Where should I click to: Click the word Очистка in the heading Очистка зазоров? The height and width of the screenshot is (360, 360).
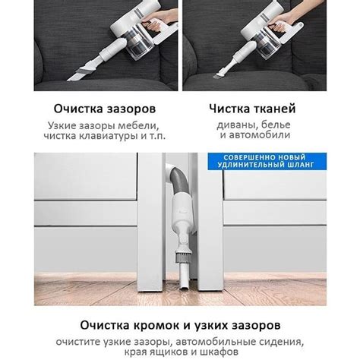point(78,109)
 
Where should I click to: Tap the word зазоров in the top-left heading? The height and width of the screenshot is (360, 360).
point(131,109)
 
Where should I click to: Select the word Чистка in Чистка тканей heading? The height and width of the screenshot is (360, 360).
point(229,109)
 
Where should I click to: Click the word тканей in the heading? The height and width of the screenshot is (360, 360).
point(274,109)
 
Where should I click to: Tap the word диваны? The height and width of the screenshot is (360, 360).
point(237,125)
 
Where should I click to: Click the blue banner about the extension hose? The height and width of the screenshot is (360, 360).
point(267,161)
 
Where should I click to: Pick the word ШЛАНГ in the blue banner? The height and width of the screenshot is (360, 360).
point(301,165)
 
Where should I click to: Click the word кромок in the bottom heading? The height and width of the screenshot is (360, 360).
point(157,325)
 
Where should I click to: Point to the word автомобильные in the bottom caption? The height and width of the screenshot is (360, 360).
point(216,342)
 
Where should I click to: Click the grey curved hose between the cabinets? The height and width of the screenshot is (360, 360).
point(179,181)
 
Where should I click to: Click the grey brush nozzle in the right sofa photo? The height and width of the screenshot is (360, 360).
point(218,75)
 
